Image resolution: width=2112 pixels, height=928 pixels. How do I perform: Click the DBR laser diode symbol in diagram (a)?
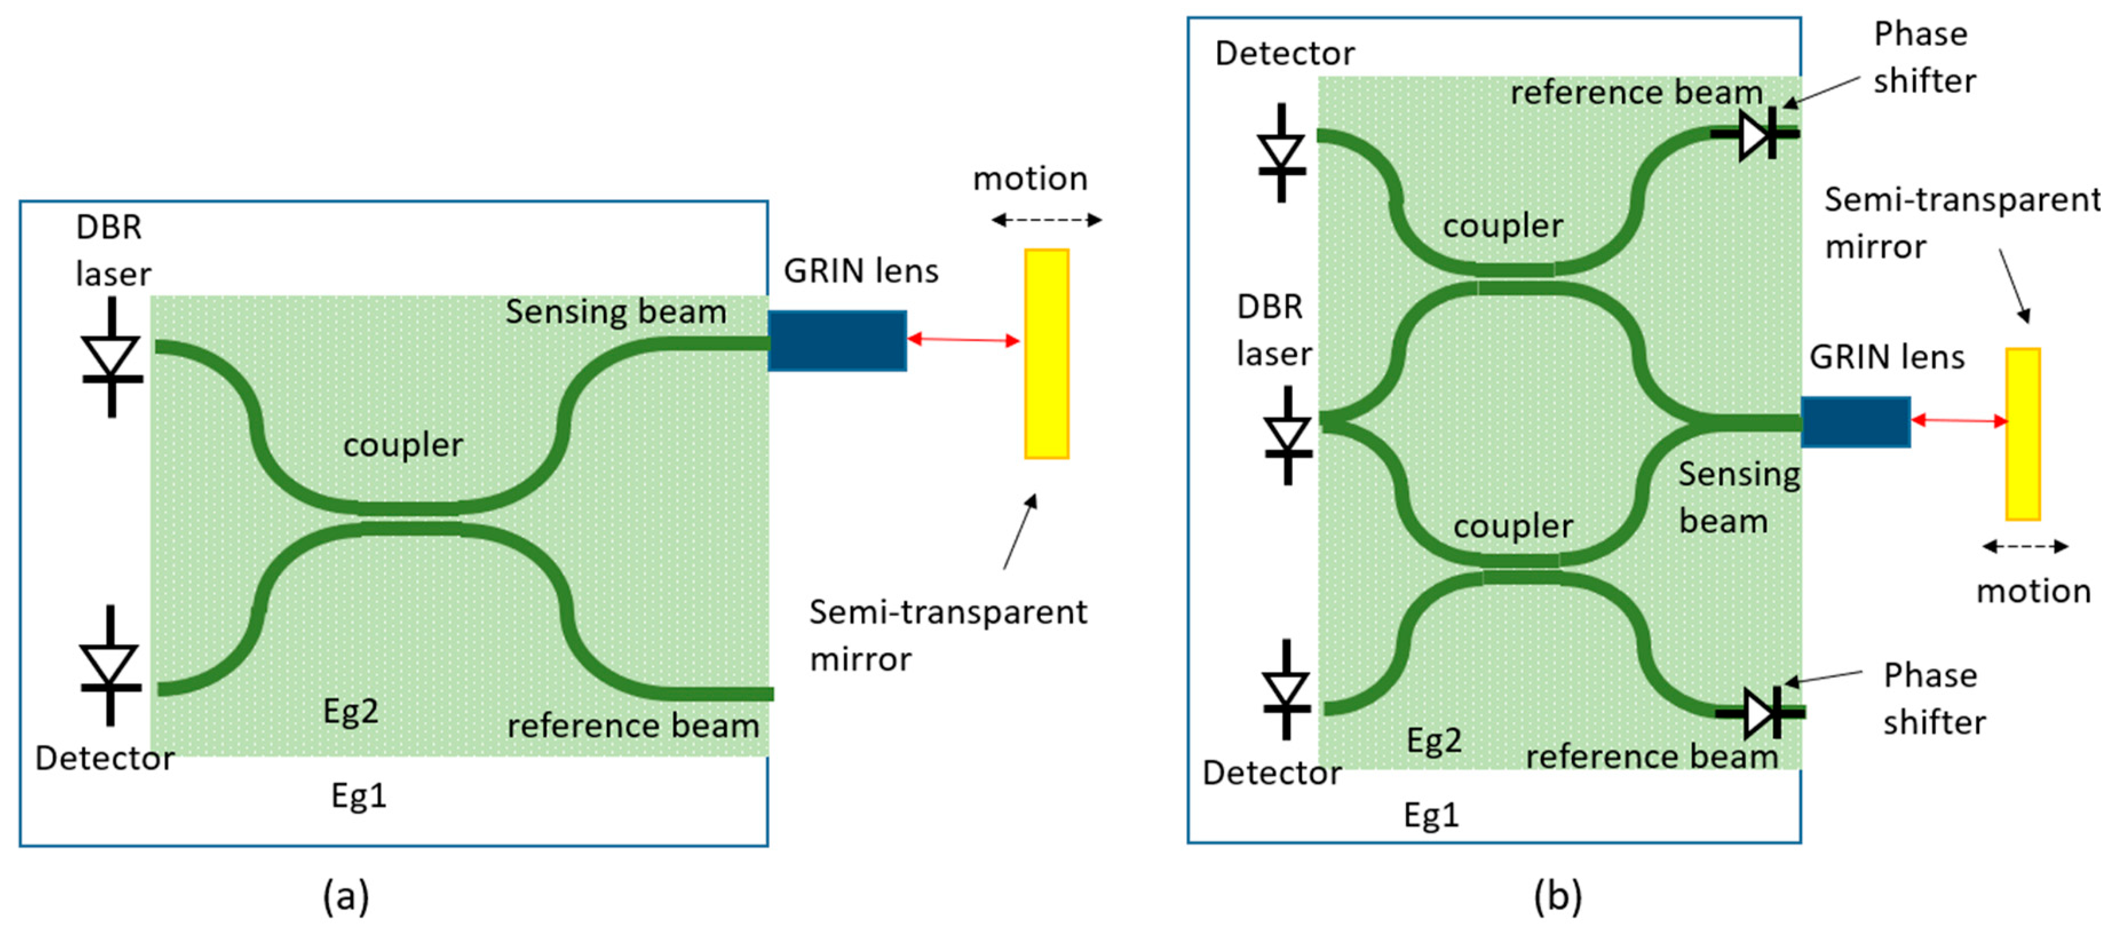point(112,358)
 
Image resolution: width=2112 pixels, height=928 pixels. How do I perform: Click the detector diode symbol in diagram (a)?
point(110,665)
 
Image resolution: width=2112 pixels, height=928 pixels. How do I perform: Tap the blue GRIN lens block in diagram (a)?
point(836,340)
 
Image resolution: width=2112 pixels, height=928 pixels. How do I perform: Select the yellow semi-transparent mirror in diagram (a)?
point(1046,354)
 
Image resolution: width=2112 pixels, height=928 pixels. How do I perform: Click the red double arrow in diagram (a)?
point(964,339)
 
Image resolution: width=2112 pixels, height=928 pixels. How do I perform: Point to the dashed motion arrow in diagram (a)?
point(1046,220)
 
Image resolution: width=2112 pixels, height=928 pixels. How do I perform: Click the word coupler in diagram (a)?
point(403,445)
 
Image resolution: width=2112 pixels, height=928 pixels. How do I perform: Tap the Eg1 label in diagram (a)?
point(358,795)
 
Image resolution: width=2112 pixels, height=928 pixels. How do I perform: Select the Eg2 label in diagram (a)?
point(351,710)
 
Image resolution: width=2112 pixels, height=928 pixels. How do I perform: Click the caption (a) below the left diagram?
point(346,896)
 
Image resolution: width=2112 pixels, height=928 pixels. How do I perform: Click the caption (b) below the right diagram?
point(1558,896)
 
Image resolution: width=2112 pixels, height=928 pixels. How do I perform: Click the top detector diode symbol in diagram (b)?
point(1282,153)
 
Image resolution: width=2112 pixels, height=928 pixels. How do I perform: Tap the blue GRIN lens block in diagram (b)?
point(1856,421)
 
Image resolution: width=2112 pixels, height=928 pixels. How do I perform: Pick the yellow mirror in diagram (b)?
point(2023,434)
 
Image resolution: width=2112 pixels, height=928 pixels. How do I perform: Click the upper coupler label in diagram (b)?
point(1503,225)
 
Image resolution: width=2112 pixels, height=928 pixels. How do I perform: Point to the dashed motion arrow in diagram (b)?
point(2025,546)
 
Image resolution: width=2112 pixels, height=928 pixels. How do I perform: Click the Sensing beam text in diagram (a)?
point(616,311)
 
